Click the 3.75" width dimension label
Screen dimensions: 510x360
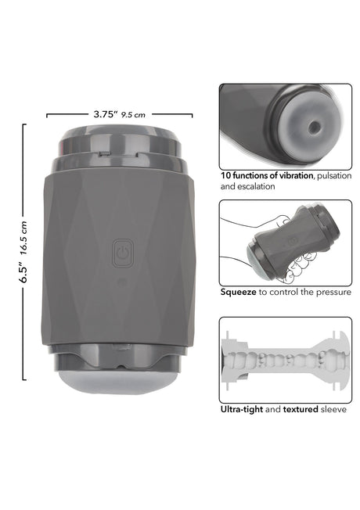coord(105,113)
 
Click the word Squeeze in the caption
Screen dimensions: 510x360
coord(238,291)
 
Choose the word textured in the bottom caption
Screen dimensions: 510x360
coord(302,408)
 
